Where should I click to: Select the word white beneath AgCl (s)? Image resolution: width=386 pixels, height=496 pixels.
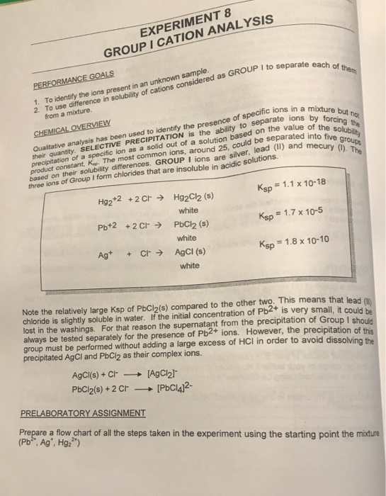click(x=189, y=266)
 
